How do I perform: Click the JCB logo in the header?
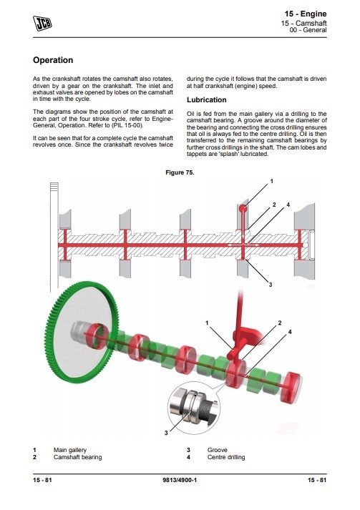click(x=42, y=23)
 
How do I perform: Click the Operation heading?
click(x=53, y=60)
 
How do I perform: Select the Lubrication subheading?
click(x=206, y=100)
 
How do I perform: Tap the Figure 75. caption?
click(x=180, y=172)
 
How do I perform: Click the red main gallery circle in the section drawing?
click(x=243, y=208)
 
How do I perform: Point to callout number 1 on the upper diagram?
click(x=272, y=182)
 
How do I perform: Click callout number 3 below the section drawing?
click(x=270, y=285)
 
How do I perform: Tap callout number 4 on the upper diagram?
click(x=288, y=205)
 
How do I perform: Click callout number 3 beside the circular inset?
click(x=166, y=433)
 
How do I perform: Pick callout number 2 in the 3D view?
click(x=280, y=323)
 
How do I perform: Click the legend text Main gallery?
click(x=70, y=450)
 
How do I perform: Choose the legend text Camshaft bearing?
click(x=77, y=457)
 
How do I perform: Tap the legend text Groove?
click(x=218, y=450)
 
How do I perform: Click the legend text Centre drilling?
click(x=226, y=457)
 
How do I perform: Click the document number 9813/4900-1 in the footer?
click(x=180, y=480)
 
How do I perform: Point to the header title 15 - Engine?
click(x=306, y=14)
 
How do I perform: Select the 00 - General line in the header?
click(x=308, y=30)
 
